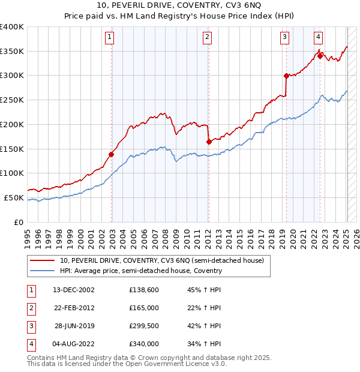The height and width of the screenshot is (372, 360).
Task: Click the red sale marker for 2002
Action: (x=112, y=154)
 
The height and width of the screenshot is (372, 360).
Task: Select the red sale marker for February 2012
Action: (x=209, y=142)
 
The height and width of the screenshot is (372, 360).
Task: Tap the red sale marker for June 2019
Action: (x=286, y=76)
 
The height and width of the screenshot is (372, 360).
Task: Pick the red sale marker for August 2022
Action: (x=320, y=55)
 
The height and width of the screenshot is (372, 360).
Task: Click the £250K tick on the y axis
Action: (x=12, y=100)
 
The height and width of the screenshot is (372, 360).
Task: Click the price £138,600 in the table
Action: (x=143, y=290)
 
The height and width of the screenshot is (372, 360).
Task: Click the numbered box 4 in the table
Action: (x=29, y=344)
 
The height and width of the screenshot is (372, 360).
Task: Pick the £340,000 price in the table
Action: (x=143, y=344)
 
